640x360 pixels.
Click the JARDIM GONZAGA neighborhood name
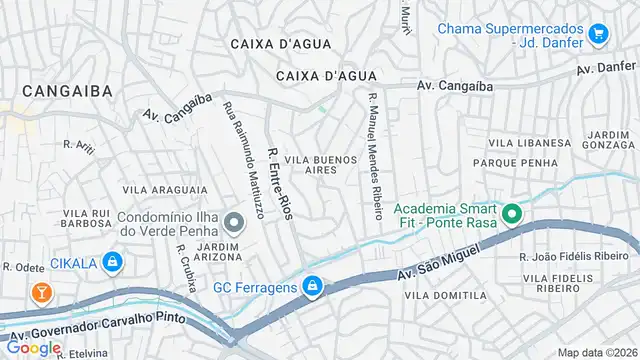[x=609, y=139]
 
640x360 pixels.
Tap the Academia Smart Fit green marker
[x=512, y=213]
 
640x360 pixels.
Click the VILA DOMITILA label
[x=445, y=296]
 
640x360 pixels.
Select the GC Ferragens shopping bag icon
[x=313, y=287]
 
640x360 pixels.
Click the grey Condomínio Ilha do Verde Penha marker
[x=233, y=223]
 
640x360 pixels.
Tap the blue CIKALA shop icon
[x=114, y=264]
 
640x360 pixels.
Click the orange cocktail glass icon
[x=41, y=293]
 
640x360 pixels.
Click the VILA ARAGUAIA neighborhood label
[x=165, y=189]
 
